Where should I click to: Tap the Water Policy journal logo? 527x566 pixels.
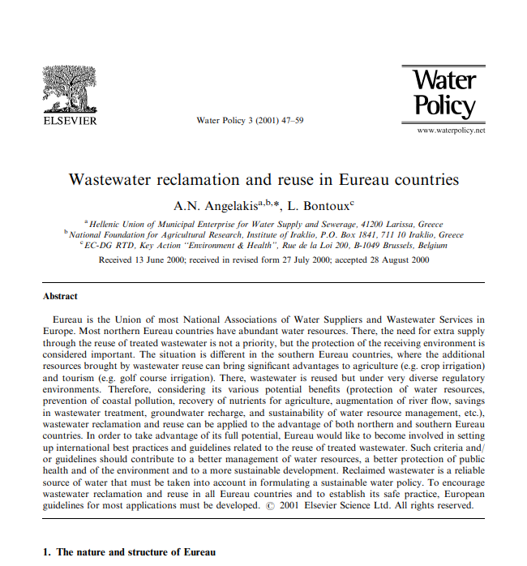[x=443, y=94]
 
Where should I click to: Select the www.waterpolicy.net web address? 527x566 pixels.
[x=451, y=130]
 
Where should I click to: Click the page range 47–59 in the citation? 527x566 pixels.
[x=289, y=120]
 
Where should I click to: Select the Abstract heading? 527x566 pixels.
[x=60, y=296]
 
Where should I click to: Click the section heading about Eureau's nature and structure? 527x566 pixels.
[x=129, y=551]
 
